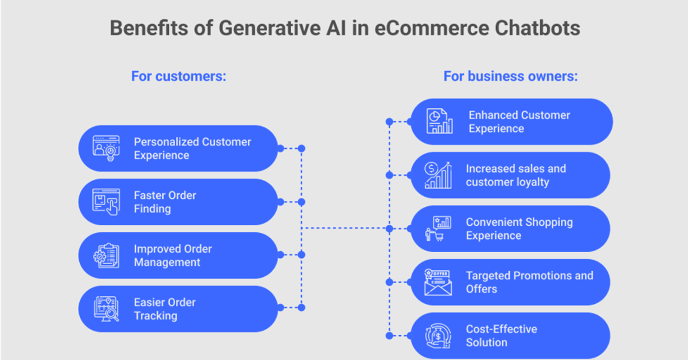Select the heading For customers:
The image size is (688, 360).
(179, 76)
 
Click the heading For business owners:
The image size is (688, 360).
(510, 76)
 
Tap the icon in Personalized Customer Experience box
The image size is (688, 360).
(106, 148)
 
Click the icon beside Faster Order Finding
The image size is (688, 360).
(106, 202)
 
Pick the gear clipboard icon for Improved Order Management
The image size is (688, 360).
(106, 256)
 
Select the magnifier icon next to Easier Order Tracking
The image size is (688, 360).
(106, 309)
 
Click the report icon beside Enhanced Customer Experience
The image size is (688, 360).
(439, 122)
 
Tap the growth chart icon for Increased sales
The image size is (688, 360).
(438, 175)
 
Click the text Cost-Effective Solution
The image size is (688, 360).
(501, 335)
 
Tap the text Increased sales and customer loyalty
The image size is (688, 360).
(515, 175)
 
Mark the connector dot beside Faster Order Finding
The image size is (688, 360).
(302, 202)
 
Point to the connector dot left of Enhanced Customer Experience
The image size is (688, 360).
(389, 122)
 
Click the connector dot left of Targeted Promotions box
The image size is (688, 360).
(389, 282)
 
